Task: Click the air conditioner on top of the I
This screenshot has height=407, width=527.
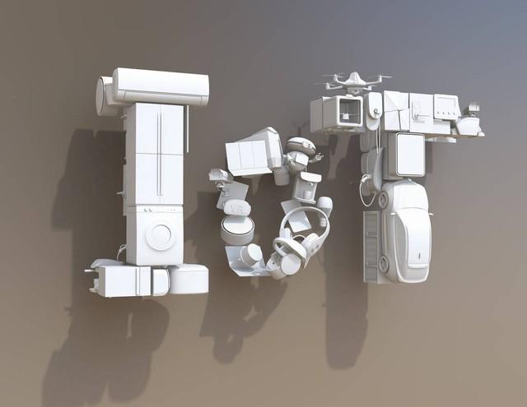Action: point(161,86)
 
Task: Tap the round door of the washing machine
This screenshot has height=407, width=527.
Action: point(160,237)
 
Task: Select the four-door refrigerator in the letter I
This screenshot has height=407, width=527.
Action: point(155,154)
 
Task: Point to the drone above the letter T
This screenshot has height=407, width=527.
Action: point(353,82)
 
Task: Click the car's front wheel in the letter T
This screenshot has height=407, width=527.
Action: point(383,199)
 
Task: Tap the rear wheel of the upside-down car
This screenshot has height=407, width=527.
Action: point(382,263)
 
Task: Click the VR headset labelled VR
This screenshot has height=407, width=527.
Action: point(238,209)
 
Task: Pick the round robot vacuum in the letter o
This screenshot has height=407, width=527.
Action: point(236,229)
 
